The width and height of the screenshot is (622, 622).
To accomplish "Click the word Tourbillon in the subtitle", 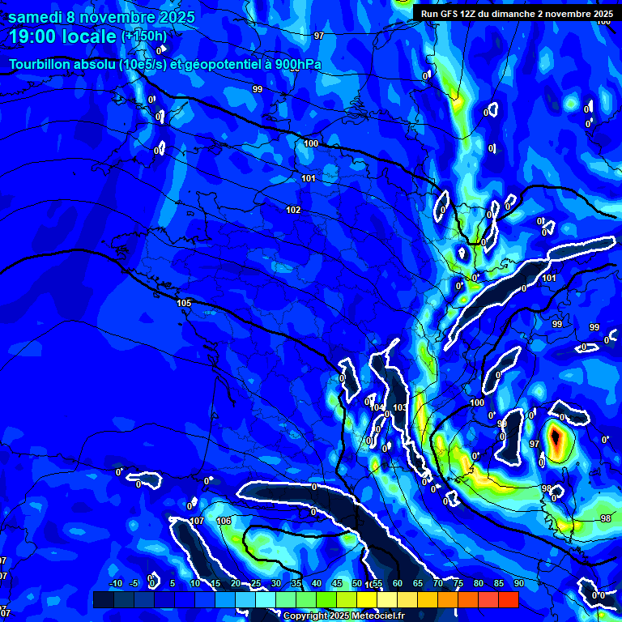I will (41, 64).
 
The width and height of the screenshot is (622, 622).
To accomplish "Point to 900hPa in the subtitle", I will (296, 64).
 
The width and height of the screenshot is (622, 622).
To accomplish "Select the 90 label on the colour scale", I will (518, 584).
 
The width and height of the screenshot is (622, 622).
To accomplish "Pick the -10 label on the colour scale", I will (115, 584).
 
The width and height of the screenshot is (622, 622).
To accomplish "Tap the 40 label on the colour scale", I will (317, 584).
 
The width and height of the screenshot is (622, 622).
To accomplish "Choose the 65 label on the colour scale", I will (418, 584).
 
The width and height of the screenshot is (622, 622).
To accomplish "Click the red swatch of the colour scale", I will (508, 599).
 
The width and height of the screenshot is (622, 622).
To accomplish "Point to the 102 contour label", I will (293, 210).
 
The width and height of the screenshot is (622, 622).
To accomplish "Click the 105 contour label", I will (184, 303).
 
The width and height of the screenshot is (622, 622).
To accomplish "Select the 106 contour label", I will (224, 521).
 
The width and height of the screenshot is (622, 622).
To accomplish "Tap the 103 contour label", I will (399, 407).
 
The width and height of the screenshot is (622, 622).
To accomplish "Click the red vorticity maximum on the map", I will (556, 439).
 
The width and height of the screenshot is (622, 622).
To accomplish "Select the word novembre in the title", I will (117, 16).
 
